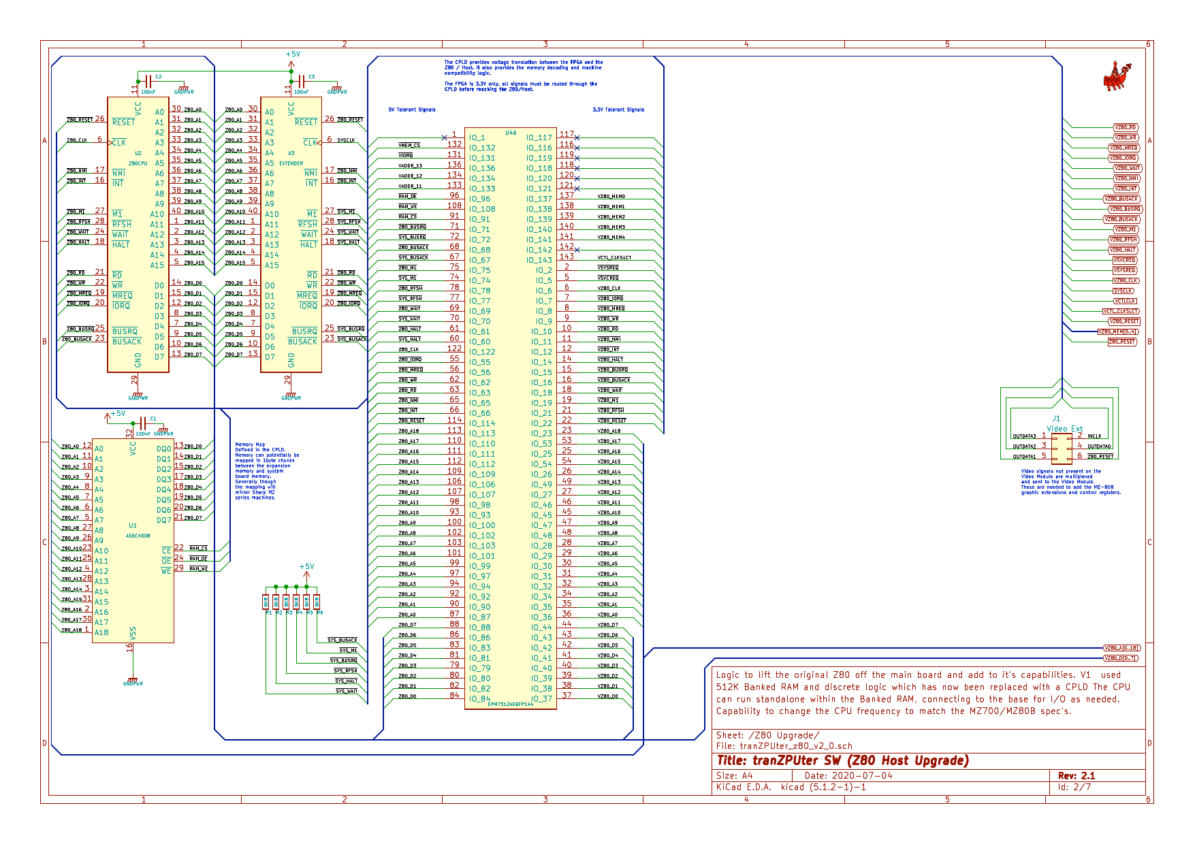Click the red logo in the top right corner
(1117, 76)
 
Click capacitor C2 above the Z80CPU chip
(147, 82)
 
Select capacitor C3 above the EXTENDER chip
(300, 82)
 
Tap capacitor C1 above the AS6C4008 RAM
(142, 423)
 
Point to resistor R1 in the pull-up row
(266, 602)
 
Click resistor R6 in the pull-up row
(317, 602)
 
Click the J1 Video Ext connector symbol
(1061, 447)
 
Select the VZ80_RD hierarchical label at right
(1126, 127)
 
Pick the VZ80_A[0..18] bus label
(1121, 648)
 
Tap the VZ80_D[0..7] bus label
(1120, 658)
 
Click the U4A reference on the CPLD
(511, 133)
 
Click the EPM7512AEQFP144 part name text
(511, 704)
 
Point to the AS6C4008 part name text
(138, 536)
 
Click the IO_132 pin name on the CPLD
(482, 148)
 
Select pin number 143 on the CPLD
(567, 257)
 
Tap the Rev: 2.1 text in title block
(1077, 776)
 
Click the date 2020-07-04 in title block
(848, 776)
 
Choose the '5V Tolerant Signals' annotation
(412, 110)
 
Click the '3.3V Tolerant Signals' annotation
(618, 110)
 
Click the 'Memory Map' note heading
(250, 444)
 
